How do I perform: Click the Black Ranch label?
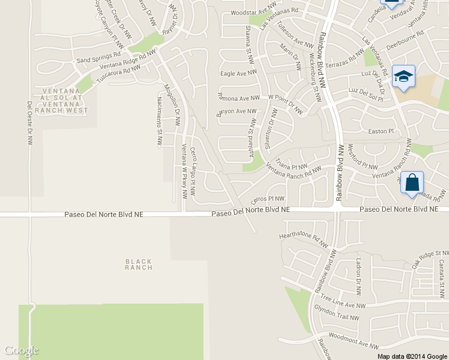pyautogui.click(x=139, y=264)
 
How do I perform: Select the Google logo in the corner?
pyautogui.click(x=21, y=350)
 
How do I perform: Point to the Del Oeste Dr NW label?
pyautogui.click(x=29, y=123)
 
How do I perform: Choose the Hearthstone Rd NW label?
pyautogui.click(x=303, y=239)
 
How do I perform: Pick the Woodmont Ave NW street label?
pyautogui.click(x=354, y=341)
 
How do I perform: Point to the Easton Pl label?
pyautogui.click(x=381, y=131)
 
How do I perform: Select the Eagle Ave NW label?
pyautogui.click(x=238, y=73)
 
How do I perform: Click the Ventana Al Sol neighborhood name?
pyautogui.click(x=61, y=98)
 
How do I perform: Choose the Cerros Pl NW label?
pyautogui.click(x=267, y=198)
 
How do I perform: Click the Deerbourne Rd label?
pyautogui.click(x=405, y=39)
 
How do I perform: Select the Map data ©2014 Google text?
pyautogui.click(x=412, y=356)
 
